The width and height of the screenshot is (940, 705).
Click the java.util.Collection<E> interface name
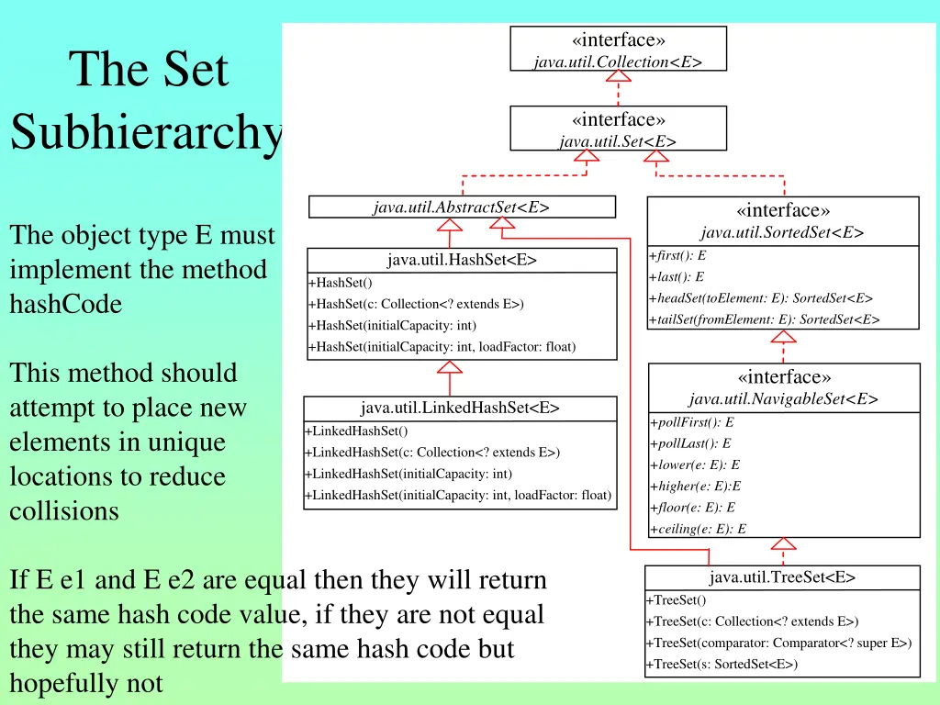[618, 62]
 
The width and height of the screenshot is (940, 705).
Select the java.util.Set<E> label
[618, 141]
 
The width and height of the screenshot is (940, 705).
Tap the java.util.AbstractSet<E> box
[462, 207]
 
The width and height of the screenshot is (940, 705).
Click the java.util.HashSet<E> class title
[462, 260]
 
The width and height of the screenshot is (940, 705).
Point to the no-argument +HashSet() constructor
[340, 283]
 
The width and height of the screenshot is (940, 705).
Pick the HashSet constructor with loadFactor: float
[442, 346]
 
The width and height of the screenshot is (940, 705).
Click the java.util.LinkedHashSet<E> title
[460, 408]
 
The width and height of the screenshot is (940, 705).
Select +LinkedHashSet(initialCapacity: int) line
[408, 474]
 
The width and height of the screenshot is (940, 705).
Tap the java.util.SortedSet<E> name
[782, 232]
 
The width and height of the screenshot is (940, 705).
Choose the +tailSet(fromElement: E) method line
[765, 319]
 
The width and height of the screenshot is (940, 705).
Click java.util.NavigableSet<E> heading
[784, 398]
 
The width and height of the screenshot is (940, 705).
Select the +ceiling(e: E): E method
[699, 529]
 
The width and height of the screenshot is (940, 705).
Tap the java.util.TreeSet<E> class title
[782, 577]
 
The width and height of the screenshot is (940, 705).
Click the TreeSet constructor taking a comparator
[778, 643]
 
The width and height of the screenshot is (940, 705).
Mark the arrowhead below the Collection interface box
[618, 76]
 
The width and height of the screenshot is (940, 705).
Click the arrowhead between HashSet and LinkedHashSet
[450, 367]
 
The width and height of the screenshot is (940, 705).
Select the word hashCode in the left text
[66, 304]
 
